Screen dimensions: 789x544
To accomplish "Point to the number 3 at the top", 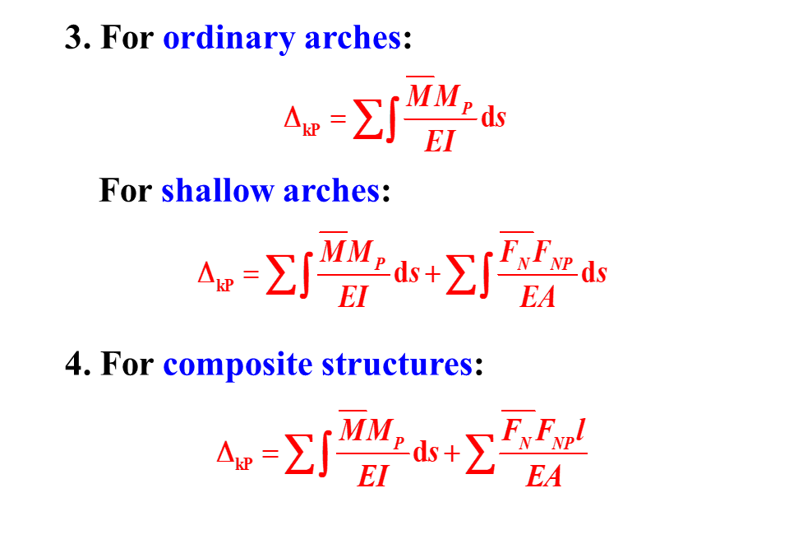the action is click(x=74, y=38).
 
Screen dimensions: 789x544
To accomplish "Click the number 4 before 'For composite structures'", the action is click(x=75, y=364).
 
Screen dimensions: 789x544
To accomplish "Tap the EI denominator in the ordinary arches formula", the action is click(x=440, y=142).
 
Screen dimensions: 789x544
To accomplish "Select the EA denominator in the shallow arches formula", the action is click(x=538, y=296).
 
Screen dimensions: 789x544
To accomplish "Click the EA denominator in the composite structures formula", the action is click(x=544, y=475).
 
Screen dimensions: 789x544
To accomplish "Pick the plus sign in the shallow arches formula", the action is click(x=432, y=275).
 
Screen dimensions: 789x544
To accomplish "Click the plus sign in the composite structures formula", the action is click(x=451, y=453).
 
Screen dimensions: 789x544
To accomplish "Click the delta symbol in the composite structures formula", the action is click(x=225, y=451).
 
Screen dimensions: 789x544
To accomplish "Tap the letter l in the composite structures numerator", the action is click(x=580, y=430).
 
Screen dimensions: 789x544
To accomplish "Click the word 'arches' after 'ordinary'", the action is click(x=353, y=38).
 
